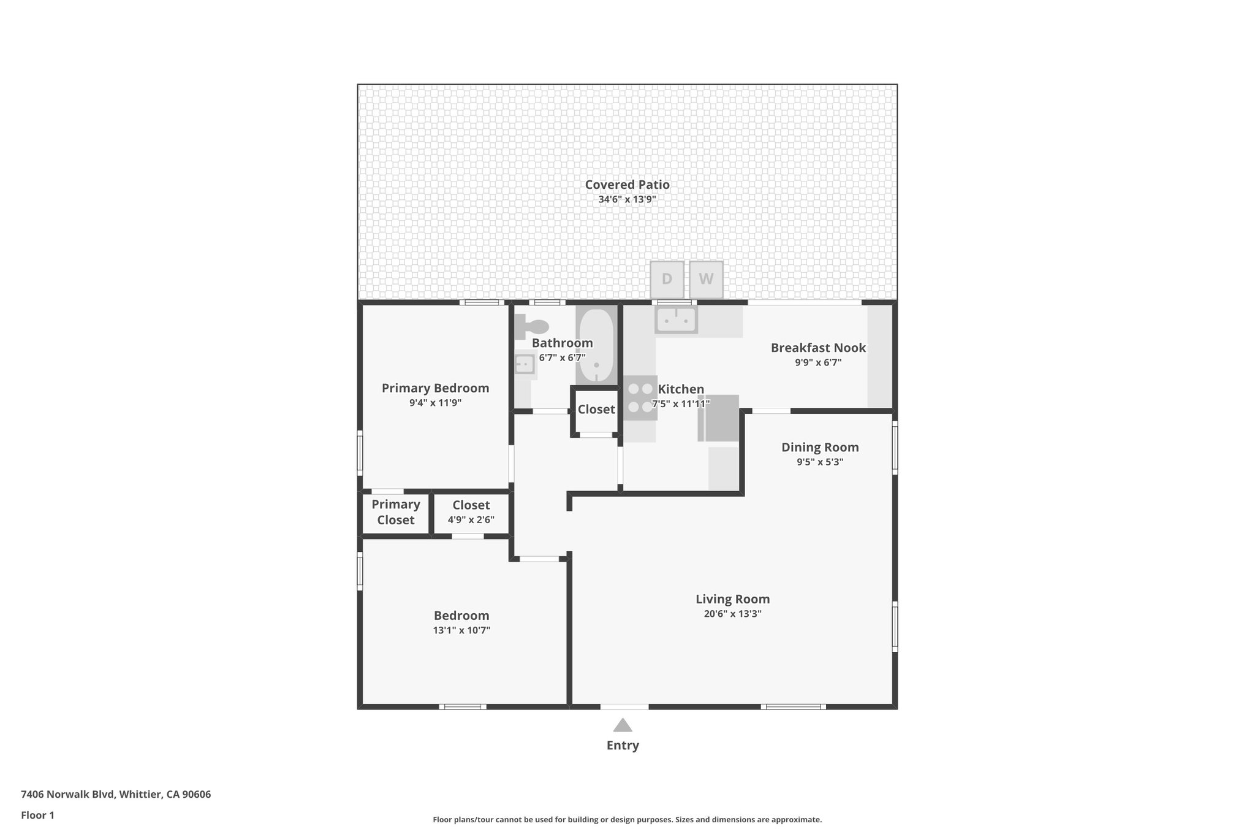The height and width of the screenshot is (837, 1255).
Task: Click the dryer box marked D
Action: pyautogui.click(x=667, y=279)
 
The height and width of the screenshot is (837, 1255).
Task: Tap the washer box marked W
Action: pyautogui.click(x=706, y=279)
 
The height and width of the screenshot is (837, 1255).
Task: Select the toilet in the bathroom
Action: pyautogui.click(x=531, y=326)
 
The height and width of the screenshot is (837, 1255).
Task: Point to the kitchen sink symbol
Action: pyautogui.click(x=676, y=319)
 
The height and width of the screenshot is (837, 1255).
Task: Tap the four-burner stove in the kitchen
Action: pyautogui.click(x=640, y=398)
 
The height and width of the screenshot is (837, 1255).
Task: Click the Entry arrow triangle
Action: pyautogui.click(x=623, y=725)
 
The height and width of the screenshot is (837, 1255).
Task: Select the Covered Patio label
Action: pyautogui.click(x=627, y=185)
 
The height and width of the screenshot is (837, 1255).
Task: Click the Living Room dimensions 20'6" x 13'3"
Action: pyautogui.click(x=732, y=614)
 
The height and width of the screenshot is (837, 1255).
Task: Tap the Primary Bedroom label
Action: pyautogui.click(x=435, y=388)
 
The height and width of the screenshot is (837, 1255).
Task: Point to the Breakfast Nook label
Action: pyautogui.click(x=818, y=348)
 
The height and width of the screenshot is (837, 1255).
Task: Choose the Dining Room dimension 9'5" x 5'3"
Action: pyautogui.click(x=820, y=462)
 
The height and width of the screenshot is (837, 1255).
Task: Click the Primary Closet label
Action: pyautogui.click(x=396, y=512)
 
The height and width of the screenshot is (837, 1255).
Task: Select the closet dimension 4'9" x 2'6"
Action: pyautogui.click(x=471, y=520)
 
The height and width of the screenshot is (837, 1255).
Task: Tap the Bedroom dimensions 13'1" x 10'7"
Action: pyautogui.click(x=461, y=630)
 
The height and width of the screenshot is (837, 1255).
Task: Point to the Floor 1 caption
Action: pyautogui.click(x=37, y=816)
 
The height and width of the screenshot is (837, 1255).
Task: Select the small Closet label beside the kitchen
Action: pyautogui.click(x=596, y=410)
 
